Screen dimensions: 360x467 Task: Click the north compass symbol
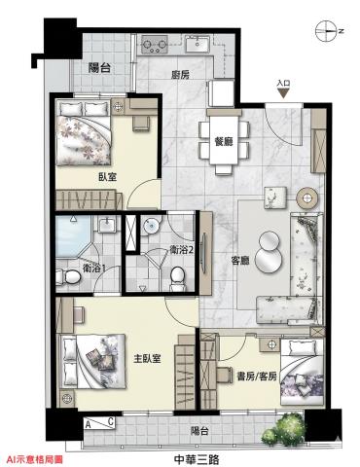coord(326,31)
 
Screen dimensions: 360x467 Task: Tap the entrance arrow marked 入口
coord(283,93)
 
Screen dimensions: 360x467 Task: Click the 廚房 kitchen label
coord(180,75)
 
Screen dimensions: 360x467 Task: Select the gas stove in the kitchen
coord(155,45)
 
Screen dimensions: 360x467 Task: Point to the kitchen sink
coord(198,44)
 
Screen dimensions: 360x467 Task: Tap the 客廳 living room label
coord(240,261)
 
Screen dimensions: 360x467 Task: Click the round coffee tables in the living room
coord(269,251)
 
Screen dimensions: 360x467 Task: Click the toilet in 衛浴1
coord(68,277)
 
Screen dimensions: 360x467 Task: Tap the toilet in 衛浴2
coord(177,278)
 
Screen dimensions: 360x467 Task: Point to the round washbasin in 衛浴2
coord(152,225)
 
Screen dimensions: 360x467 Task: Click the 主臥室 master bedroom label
coord(148,358)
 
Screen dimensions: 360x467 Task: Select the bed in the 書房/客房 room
coord(303,373)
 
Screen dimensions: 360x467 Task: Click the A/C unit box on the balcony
coord(99,423)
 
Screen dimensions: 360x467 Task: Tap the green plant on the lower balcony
coord(283,428)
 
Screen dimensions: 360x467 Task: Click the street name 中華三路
coord(197,459)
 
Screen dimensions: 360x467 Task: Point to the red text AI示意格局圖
coord(35,459)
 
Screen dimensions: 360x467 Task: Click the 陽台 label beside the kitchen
coord(100,68)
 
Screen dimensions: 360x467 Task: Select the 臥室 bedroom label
coord(107,177)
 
